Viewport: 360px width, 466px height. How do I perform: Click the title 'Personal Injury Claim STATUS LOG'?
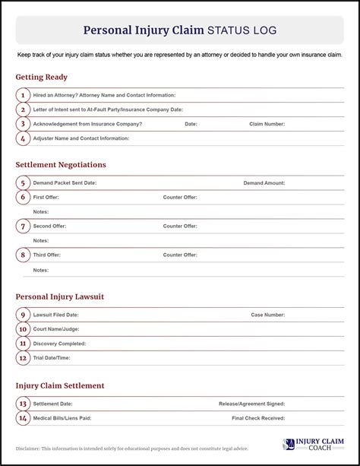179,30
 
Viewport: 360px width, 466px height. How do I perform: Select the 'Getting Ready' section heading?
41,77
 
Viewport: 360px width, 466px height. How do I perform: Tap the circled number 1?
23,95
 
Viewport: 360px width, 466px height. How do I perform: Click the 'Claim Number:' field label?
267,124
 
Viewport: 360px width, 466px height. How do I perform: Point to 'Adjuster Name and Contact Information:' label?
81,138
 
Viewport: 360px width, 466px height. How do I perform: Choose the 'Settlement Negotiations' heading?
61,164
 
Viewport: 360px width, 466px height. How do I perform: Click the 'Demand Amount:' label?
264,182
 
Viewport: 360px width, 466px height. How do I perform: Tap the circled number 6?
23,197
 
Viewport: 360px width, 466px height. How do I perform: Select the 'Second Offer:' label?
50,226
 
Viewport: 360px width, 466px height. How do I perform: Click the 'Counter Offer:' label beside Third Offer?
180,255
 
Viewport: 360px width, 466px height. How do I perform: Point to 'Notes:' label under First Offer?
40,211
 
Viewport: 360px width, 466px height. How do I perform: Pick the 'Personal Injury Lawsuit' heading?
60,296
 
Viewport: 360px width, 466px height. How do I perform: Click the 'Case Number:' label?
267,314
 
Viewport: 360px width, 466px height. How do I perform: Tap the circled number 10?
23,329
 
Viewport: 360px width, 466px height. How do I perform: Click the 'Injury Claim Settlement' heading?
60,385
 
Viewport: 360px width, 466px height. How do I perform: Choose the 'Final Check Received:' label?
258,418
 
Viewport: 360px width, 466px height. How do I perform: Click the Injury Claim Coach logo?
314,445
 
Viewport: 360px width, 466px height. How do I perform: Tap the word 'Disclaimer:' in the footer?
30,449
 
